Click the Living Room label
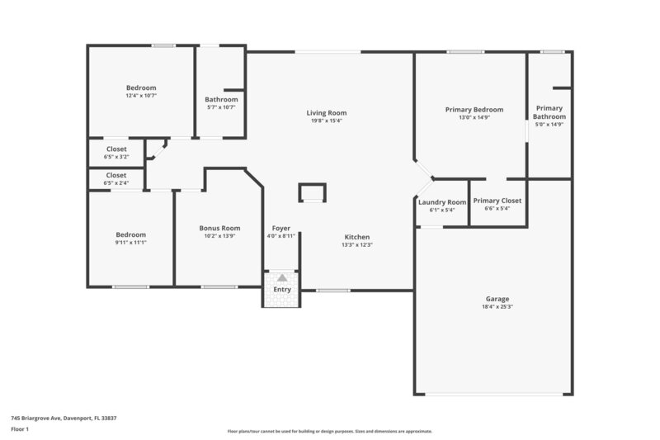[326, 113]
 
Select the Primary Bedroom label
[474, 110]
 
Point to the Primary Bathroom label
[549, 112]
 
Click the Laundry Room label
[442, 202]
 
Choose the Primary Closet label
[497, 201]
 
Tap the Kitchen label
[356, 237]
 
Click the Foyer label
[280, 228]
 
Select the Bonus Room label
[219, 228]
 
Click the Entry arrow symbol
[282, 278]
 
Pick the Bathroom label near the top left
[221, 100]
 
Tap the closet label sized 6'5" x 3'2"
[116, 149]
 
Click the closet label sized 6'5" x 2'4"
[116, 175]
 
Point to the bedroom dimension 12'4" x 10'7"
[141, 96]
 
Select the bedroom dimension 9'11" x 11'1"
[130, 243]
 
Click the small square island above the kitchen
[312, 192]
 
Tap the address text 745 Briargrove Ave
[64, 419]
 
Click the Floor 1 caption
[20, 430]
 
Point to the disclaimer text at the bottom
[329, 431]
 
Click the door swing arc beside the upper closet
[158, 149]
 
